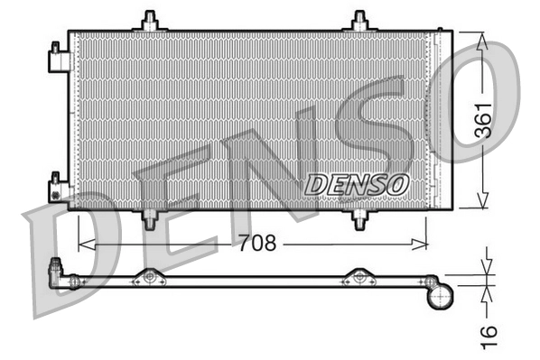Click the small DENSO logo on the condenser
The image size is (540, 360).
357,184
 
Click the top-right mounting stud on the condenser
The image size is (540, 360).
360,21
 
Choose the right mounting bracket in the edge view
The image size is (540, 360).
359,277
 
